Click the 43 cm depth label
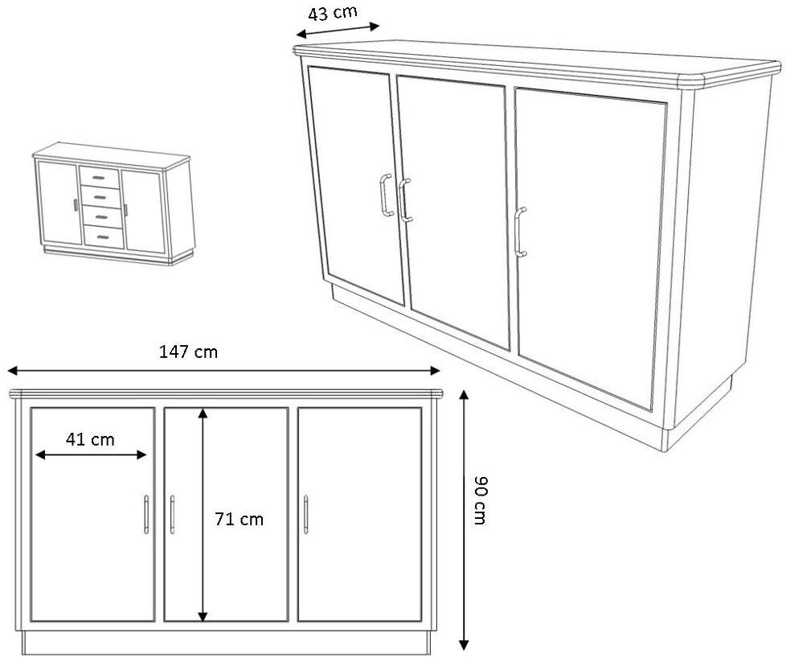click(x=332, y=13)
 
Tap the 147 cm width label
click(x=189, y=352)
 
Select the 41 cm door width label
click(x=90, y=440)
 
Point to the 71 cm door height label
click(x=239, y=519)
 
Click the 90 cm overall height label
click(x=480, y=500)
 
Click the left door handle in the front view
click(x=146, y=515)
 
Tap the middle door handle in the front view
click(x=173, y=515)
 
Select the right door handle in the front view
click(x=305, y=515)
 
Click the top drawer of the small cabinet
click(x=99, y=178)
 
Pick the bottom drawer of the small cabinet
click(x=104, y=237)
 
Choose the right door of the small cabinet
click(x=145, y=212)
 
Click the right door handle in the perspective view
click(x=520, y=232)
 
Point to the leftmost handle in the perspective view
click(x=387, y=195)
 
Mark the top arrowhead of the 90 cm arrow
click(x=465, y=395)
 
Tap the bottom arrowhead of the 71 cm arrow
click(x=203, y=617)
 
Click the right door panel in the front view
click(x=359, y=515)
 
